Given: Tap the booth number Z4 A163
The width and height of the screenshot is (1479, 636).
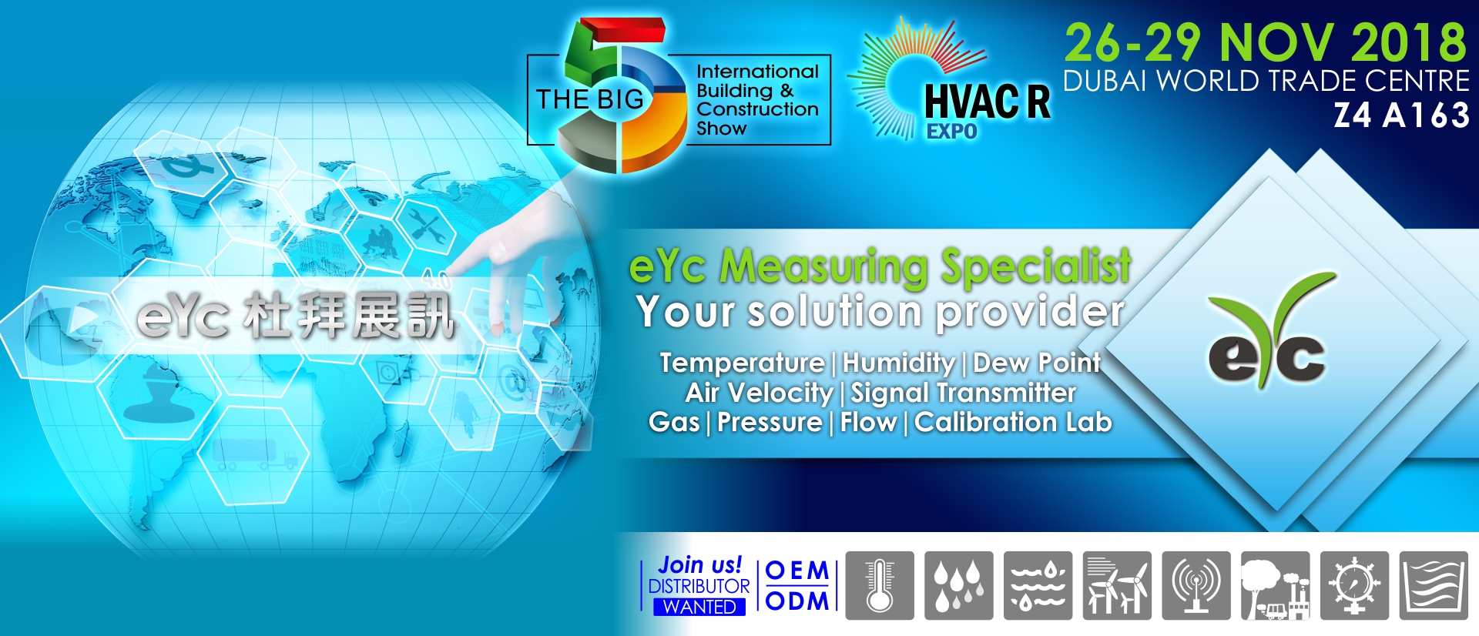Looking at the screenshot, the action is pyautogui.click(x=1402, y=115).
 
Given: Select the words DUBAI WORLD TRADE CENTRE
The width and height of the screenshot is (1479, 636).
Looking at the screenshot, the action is pyautogui.click(x=1266, y=81).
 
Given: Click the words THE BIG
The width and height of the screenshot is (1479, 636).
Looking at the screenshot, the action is pyautogui.click(x=589, y=99).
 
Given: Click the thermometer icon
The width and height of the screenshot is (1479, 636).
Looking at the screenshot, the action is pyautogui.click(x=880, y=585).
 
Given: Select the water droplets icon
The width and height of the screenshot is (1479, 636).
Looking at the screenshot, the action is pyautogui.click(x=959, y=585).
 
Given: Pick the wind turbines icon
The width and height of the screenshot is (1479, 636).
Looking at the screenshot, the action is pyautogui.click(x=1117, y=585).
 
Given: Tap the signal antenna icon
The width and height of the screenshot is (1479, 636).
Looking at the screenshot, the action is pyautogui.click(x=1196, y=585).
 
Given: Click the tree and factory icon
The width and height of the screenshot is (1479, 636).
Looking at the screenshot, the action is pyautogui.click(x=1276, y=585).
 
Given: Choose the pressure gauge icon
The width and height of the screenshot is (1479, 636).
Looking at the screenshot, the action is pyautogui.click(x=1354, y=585).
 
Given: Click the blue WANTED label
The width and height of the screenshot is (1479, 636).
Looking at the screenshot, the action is pyautogui.click(x=699, y=608).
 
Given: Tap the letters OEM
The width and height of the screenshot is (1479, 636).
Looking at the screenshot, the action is pyautogui.click(x=797, y=571).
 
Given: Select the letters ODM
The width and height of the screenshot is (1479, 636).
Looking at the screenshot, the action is pyautogui.click(x=797, y=601).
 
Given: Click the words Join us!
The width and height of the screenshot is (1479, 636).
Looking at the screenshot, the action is pyautogui.click(x=700, y=564).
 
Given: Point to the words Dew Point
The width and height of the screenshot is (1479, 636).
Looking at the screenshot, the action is pyautogui.click(x=1037, y=363).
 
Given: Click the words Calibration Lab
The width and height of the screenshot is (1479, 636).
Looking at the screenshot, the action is pyautogui.click(x=1013, y=422).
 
